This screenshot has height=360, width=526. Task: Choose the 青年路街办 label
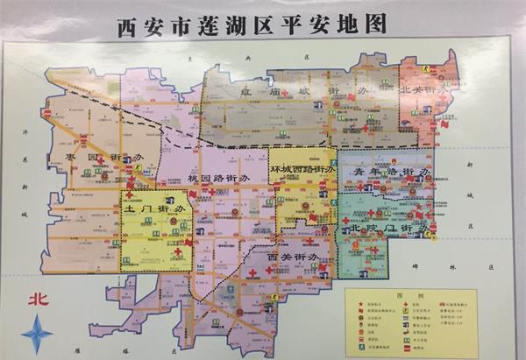point(393,173)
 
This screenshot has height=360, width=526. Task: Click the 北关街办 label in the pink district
point(424,90)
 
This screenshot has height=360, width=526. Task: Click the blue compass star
point(37,335)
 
